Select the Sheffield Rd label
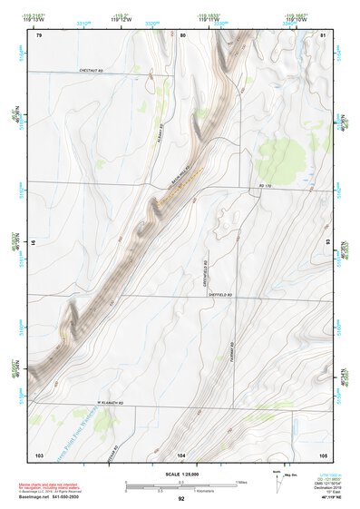point(220,295)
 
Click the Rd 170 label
point(265,187)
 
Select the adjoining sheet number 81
point(324,35)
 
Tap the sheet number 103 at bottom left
point(39,454)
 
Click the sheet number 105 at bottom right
point(324,454)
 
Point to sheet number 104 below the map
point(182,454)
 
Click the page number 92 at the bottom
point(181,498)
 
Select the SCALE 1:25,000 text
point(180,475)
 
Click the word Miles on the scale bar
point(241,481)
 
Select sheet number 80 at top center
point(182,35)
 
